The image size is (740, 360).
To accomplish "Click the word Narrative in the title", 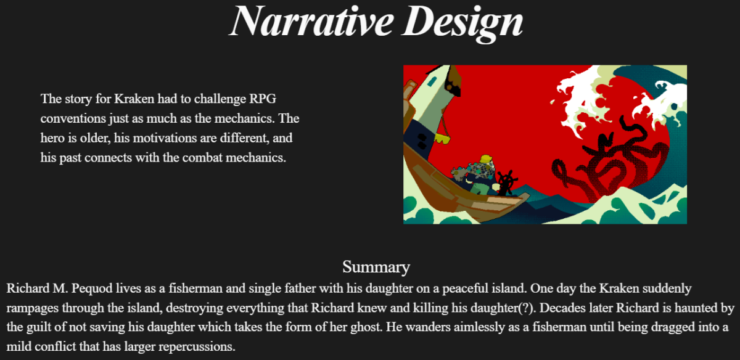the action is click(x=311, y=21).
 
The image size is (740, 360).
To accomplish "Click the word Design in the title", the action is click(x=462, y=24).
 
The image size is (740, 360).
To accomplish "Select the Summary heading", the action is click(x=376, y=267).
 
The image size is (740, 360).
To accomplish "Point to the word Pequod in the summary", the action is click(x=92, y=289).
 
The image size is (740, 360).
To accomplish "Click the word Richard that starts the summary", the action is click(x=28, y=288).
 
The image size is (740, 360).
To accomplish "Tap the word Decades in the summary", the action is click(x=557, y=308).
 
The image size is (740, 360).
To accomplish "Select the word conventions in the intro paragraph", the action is click(x=73, y=118).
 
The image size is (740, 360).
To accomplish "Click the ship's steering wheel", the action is click(x=506, y=182).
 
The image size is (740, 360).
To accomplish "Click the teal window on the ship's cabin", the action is click(x=432, y=81).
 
